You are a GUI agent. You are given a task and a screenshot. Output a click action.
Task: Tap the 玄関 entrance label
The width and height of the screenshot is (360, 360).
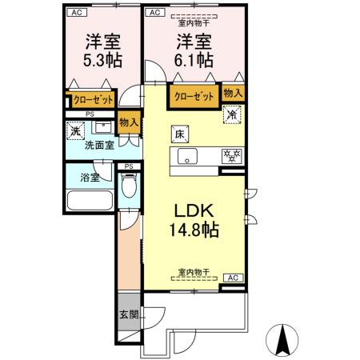(127, 314)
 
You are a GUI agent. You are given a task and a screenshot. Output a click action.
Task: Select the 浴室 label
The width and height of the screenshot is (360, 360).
(90, 177)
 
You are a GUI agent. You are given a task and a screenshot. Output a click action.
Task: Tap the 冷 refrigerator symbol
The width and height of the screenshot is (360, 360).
(231, 114)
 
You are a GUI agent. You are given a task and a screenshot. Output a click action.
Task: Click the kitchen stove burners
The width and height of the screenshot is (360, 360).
(231, 155)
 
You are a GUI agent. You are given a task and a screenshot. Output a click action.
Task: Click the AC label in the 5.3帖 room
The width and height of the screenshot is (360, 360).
(75, 12)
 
